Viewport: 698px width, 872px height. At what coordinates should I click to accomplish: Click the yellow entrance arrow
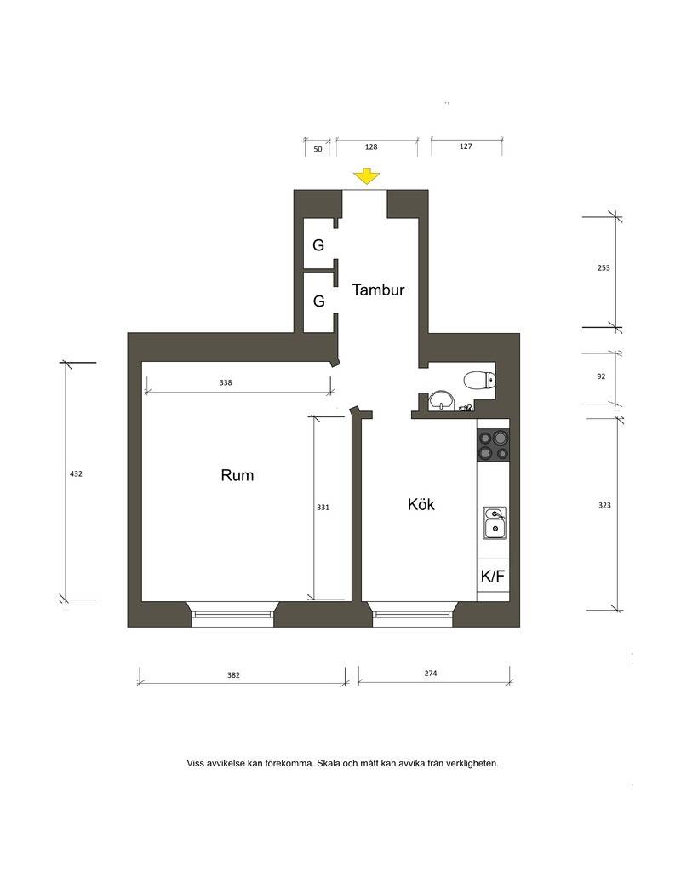(367, 175)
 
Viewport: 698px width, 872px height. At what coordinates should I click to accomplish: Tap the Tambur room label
(378, 290)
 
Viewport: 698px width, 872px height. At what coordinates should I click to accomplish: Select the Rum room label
(237, 475)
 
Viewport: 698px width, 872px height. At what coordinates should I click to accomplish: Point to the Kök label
(421, 504)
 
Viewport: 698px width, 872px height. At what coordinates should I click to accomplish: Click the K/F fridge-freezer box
(493, 576)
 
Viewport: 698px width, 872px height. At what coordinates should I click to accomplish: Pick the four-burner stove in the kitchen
(494, 445)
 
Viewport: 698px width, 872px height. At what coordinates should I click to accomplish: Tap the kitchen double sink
(494, 523)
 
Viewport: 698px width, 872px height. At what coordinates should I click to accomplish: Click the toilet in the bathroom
(479, 381)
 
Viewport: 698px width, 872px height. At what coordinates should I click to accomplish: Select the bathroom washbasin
(441, 400)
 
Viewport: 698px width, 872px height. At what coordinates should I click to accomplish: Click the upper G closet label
(318, 244)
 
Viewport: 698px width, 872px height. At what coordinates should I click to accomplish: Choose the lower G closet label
(319, 301)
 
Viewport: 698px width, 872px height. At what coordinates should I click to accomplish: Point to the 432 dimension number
(76, 473)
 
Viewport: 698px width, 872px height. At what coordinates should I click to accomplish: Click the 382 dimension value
(233, 675)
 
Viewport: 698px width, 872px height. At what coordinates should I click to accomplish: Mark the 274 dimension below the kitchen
(431, 674)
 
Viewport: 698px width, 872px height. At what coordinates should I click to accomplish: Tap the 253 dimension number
(604, 267)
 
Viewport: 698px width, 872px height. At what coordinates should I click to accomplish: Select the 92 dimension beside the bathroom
(601, 376)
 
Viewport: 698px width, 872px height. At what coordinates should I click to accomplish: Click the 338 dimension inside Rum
(226, 382)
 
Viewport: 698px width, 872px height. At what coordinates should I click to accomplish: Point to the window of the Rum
(233, 615)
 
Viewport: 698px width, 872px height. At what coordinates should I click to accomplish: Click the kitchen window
(413, 615)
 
